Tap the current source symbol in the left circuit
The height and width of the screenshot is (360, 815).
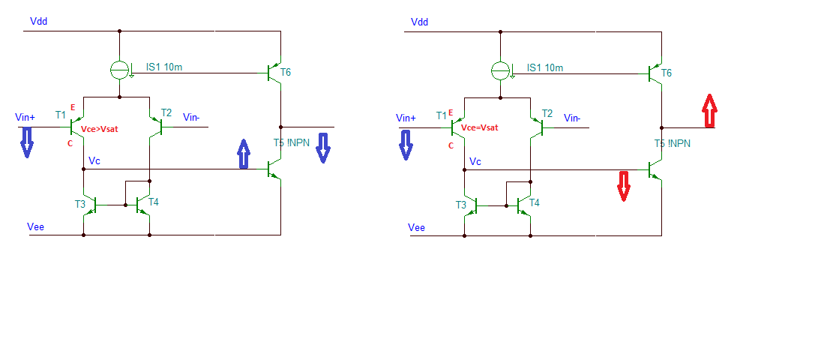pos(120,71)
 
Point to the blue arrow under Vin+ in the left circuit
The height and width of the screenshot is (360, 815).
pos(26,142)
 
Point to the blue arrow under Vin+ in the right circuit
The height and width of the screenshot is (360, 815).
pos(406,143)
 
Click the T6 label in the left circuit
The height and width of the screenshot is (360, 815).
pos(286,72)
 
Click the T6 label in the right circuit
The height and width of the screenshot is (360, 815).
pos(667,72)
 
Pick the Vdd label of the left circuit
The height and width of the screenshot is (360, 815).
pos(39,22)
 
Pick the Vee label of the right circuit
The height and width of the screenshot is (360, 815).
pos(418,227)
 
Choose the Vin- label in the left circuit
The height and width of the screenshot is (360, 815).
pos(192,117)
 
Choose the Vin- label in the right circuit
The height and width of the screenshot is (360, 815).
pos(573,117)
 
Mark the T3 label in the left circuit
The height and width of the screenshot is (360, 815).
pos(79,204)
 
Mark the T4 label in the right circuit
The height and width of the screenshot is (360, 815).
pos(535,202)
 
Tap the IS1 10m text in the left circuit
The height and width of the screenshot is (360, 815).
pos(164,67)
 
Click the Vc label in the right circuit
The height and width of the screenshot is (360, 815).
pos(476,161)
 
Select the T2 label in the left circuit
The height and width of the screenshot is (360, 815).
pos(166,113)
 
